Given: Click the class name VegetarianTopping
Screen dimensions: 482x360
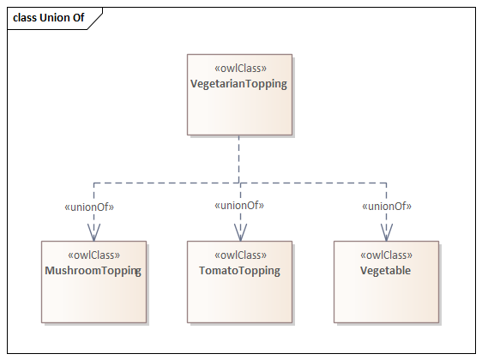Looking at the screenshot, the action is [238, 84].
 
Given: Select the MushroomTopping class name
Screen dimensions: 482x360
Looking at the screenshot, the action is [93, 271].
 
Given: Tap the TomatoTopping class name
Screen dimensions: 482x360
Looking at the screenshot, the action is [239, 271].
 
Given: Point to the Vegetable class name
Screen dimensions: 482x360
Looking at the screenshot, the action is [385, 270].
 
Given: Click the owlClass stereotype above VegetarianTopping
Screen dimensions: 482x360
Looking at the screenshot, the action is [240, 68].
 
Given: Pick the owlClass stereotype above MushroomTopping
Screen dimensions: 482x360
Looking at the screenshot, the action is [93, 255].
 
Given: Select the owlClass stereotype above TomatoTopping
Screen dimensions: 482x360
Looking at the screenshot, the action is [240, 255].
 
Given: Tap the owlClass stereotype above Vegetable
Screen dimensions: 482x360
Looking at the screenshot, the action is [387, 255].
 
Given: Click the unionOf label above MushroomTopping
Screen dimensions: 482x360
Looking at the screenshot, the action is [89, 207].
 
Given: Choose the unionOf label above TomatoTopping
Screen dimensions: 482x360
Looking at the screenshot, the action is [239, 205].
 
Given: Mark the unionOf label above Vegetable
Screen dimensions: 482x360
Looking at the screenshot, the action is [387, 206].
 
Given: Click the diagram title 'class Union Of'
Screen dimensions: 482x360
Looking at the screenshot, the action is [49, 18].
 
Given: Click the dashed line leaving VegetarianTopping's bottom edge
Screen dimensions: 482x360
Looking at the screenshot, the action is [238, 159].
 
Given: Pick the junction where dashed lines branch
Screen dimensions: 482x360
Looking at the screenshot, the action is [239, 183].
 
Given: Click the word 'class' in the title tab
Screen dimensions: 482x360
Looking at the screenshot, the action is [25, 18].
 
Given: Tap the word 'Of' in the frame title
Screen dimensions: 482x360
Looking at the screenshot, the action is [78, 18].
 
